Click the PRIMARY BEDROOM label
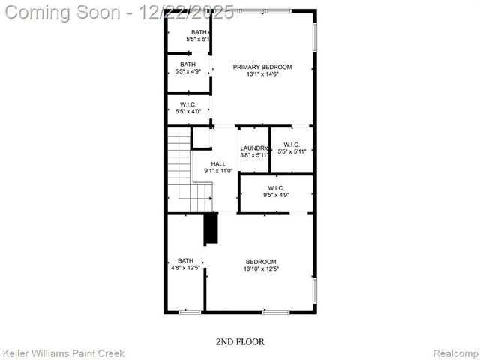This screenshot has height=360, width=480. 262,67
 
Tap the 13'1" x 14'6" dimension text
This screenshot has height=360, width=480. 262,74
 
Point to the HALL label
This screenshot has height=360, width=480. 218,163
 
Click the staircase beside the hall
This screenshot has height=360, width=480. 180,169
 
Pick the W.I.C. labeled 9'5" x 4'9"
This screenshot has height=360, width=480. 276,188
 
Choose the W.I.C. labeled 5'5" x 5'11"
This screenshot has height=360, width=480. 292,145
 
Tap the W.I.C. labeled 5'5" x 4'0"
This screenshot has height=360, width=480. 187,104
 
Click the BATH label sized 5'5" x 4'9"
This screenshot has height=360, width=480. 187,64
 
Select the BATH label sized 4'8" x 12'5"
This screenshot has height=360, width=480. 185,261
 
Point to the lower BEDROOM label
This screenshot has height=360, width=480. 261,262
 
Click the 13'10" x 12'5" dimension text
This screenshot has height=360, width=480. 261,269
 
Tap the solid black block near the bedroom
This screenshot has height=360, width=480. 211,229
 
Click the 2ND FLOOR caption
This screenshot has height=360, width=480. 240,341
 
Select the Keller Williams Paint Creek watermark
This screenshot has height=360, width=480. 64,352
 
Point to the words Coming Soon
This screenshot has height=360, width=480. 64,12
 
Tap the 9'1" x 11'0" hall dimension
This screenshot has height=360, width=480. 218,171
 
